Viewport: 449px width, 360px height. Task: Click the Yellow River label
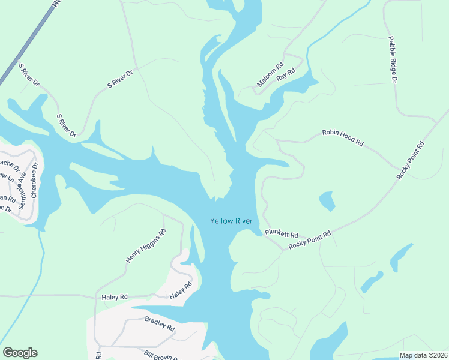[231, 221]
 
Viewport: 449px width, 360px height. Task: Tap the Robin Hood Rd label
[343, 137]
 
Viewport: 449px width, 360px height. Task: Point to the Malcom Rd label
[270, 76]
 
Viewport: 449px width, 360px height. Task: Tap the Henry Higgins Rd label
[145, 246]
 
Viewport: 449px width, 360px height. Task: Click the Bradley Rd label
[160, 323]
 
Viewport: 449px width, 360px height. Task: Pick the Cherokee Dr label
[34, 174]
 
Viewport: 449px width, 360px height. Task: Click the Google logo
[20, 352]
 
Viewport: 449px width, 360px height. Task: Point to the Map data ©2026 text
[424, 355]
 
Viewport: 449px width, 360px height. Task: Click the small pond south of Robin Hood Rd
[327, 200]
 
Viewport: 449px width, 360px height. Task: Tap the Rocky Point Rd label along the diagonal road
[411, 160]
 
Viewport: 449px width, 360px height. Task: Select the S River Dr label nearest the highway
[29, 74]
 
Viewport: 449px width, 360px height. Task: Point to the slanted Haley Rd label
[179, 291]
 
